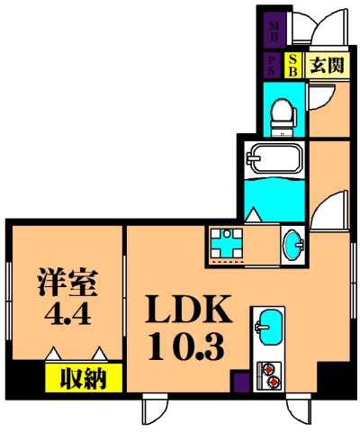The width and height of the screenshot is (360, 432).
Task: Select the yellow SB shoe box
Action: [x=292, y=66]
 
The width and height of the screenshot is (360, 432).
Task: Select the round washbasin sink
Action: [x=293, y=244]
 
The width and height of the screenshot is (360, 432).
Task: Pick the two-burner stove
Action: [x=269, y=374]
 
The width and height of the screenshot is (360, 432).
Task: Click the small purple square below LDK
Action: [x=239, y=382]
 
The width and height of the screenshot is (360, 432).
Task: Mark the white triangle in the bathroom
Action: [x=254, y=214]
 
